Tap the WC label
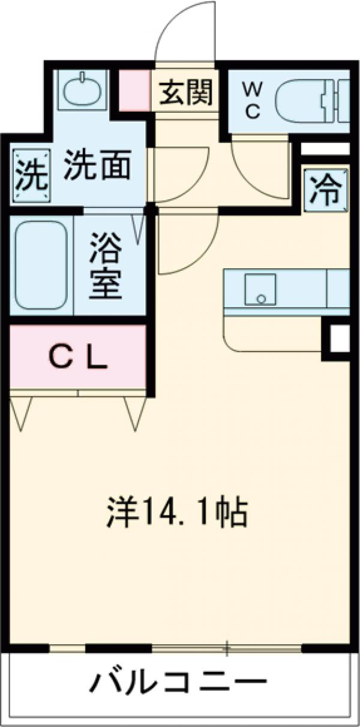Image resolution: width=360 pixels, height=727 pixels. (x=251, y=101)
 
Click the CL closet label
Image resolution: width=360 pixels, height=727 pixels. (x=77, y=359)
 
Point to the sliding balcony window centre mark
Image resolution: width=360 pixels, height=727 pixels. (x=227, y=648)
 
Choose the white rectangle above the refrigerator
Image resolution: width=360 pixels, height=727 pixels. (x=325, y=148)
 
